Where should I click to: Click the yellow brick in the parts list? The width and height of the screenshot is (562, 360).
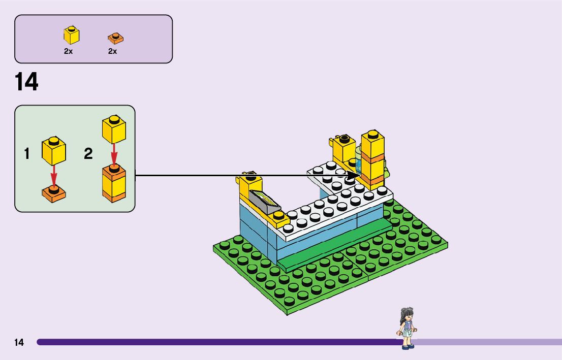(72, 35)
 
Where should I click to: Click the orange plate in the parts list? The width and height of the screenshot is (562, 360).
(115, 38)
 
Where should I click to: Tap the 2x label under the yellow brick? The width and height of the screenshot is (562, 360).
(68, 51)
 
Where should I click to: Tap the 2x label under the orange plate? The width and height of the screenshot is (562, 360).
(112, 51)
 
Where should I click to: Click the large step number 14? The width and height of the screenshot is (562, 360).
(26, 82)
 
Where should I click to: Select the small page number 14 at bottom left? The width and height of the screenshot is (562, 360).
(19, 342)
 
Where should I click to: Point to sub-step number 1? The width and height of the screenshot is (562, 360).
(27, 154)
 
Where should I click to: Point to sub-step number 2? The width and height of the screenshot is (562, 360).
(88, 154)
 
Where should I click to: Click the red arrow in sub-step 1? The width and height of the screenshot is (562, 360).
(53, 176)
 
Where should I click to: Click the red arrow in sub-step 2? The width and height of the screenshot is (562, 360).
(114, 153)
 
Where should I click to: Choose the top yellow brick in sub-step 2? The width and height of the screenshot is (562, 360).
(114, 129)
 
